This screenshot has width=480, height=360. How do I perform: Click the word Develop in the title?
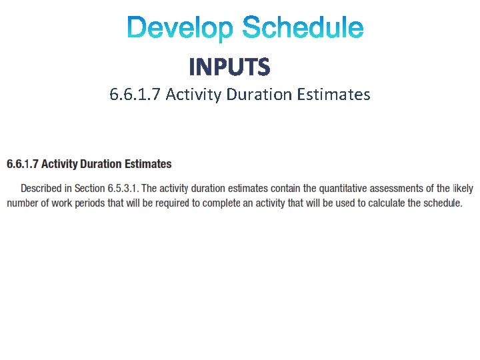click(x=181, y=29)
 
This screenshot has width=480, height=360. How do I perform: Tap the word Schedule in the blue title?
click(x=303, y=29)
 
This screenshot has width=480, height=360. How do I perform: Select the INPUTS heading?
click(x=229, y=67)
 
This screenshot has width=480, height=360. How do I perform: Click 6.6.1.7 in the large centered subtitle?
click(x=135, y=95)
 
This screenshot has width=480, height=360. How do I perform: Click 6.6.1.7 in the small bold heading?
click(x=23, y=164)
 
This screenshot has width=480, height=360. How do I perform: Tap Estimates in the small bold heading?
click(x=147, y=164)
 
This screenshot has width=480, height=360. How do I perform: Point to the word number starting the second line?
click(x=22, y=203)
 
